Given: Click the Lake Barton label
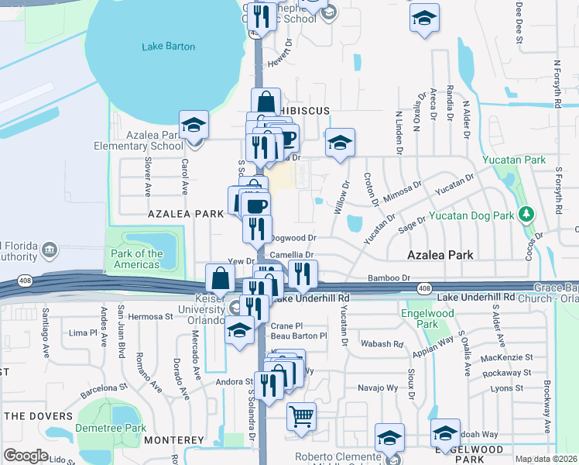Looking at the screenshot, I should pos(169,46).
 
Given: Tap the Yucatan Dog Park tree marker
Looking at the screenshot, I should pos(527,213).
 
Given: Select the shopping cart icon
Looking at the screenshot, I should pos(301,415).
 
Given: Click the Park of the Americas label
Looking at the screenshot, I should pos(137,259).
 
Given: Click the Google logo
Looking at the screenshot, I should pos(26,456).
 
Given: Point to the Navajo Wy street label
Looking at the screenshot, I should pos(377,387).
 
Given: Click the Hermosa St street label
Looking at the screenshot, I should pos(150,316).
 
